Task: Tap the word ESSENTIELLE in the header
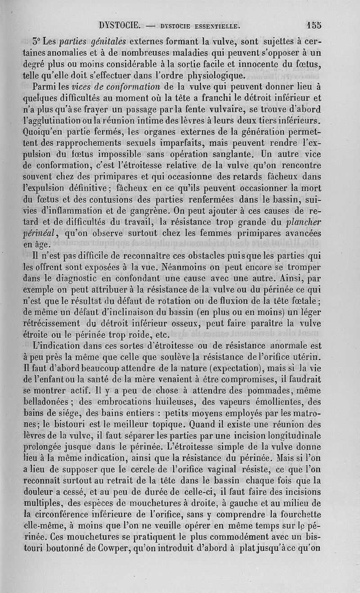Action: [210, 25]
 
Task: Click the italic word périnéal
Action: [44, 233]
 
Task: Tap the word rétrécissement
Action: [57, 323]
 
